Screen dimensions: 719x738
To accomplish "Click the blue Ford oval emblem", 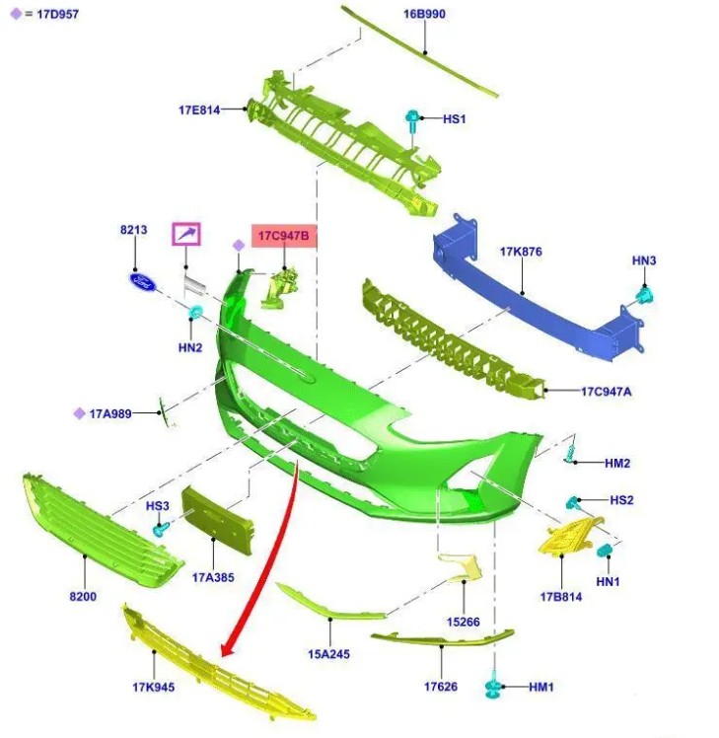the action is pos(142,282).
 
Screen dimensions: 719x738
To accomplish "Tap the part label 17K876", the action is pos(521,252).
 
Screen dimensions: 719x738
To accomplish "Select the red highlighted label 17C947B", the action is pos(284,236).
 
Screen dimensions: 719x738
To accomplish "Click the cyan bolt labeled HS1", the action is pos(412,120).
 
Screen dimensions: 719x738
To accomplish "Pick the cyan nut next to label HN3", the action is pos(643,297).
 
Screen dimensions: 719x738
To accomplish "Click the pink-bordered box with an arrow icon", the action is pos(185,234).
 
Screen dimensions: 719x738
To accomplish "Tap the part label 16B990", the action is pos(424,14).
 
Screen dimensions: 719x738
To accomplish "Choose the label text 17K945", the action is pos(154,687).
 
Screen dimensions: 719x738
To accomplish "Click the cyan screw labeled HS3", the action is pos(161,530).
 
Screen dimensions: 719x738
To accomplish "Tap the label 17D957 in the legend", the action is pos(57,14).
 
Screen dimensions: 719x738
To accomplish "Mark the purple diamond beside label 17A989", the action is pos(80,413).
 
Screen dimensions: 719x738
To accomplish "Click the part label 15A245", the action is pos(328,654).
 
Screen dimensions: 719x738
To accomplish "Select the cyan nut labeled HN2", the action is pos(195,312).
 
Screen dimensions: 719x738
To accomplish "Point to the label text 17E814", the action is pos(199,111).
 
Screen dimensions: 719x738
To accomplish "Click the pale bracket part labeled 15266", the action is pos(462,567).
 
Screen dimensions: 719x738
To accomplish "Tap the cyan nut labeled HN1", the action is pos(604,551).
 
